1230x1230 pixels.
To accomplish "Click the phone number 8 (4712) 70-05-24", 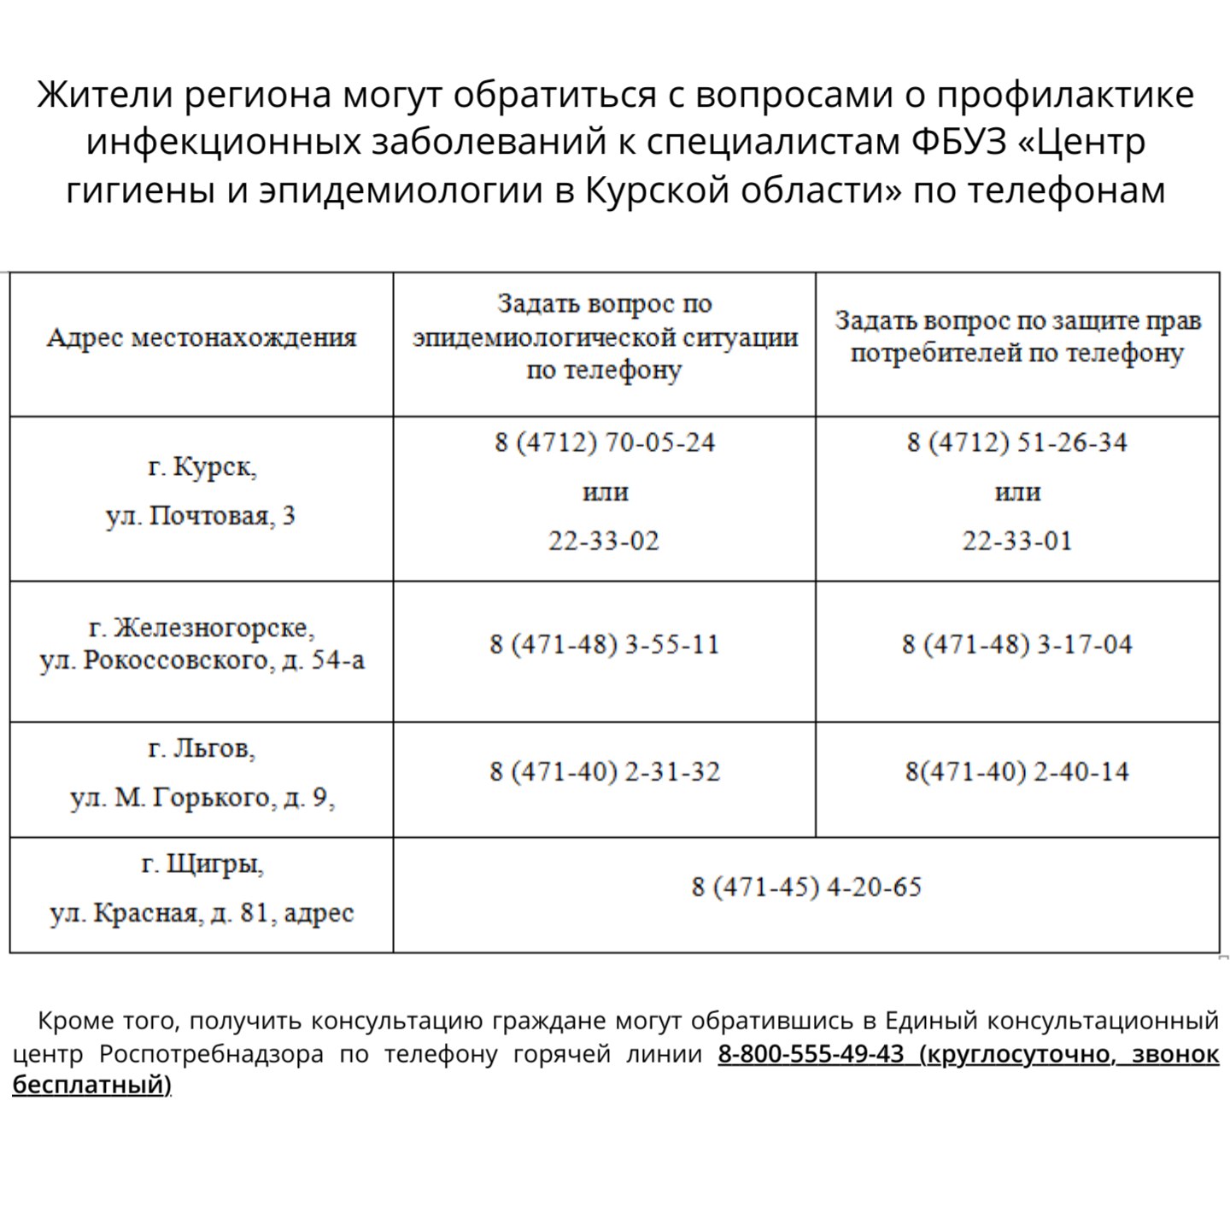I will [604, 442].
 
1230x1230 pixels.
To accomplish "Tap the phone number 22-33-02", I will [604, 541].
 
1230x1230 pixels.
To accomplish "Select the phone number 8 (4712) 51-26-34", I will [1016, 442].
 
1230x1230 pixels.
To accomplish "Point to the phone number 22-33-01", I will [1016, 541].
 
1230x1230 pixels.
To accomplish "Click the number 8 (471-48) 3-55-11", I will [604, 644].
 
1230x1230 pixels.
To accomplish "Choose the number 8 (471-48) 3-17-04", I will [1016, 644].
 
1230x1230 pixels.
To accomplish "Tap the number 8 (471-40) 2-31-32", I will [604, 772].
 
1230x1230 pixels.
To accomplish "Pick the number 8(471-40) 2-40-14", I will [1016, 772].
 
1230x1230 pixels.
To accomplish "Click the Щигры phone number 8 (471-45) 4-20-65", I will [806, 887].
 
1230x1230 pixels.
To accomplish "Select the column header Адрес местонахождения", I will [202, 338].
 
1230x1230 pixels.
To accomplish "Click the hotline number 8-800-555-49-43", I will [811, 1054].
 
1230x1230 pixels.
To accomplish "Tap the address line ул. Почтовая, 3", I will [201, 516].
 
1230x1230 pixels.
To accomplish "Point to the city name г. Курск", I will [202, 467].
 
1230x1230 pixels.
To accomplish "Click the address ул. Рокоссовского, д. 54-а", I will [202, 661].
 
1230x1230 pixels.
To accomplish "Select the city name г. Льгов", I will [202, 749].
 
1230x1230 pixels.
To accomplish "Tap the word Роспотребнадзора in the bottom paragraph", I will [211, 1054].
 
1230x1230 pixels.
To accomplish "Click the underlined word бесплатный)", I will [91, 1085].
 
